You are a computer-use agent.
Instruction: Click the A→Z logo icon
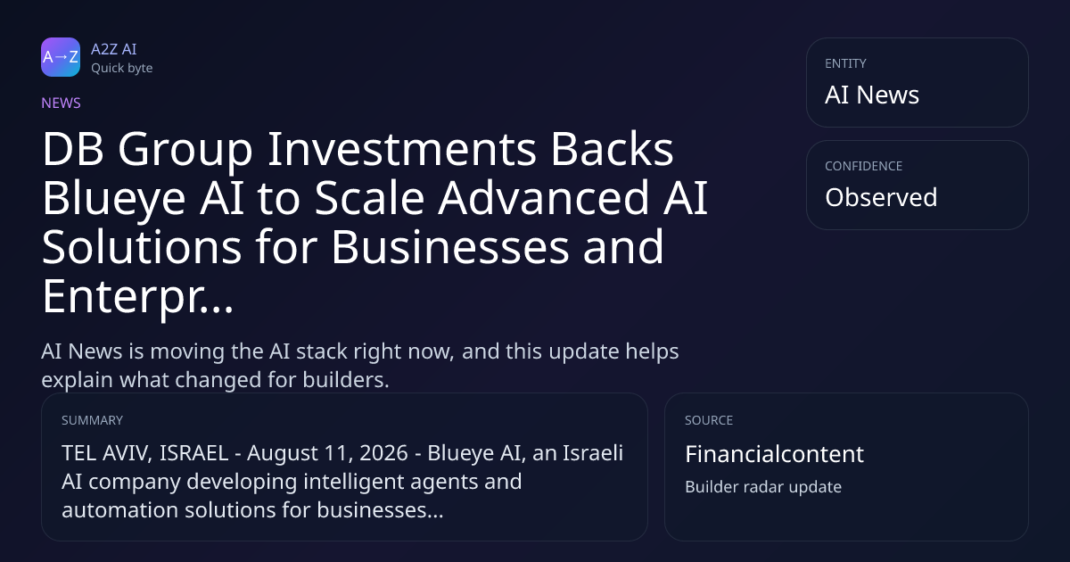click(61, 57)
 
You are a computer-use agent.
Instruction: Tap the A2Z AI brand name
click(114, 49)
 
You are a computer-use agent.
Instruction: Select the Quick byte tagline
click(122, 69)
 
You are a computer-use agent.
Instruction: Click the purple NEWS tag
click(62, 103)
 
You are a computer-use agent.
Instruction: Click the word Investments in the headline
click(402, 149)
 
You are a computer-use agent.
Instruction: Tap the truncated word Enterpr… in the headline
click(138, 297)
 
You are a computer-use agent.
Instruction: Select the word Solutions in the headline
click(142, 247)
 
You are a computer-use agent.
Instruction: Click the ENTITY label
click(845, 63)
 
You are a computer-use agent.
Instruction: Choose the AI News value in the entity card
click(872, 95)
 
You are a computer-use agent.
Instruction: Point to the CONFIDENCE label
click(864, 166)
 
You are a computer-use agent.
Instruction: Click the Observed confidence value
click(881, 197)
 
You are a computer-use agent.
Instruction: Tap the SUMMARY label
click(92, 420)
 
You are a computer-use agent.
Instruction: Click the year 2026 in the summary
click(383, 453)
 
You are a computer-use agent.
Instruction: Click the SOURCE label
click(709, 420)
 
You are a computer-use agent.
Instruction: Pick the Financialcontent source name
click(774, 454)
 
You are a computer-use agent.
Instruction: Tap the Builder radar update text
click(763, 487)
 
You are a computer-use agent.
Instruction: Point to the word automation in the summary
click(119, 510)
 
